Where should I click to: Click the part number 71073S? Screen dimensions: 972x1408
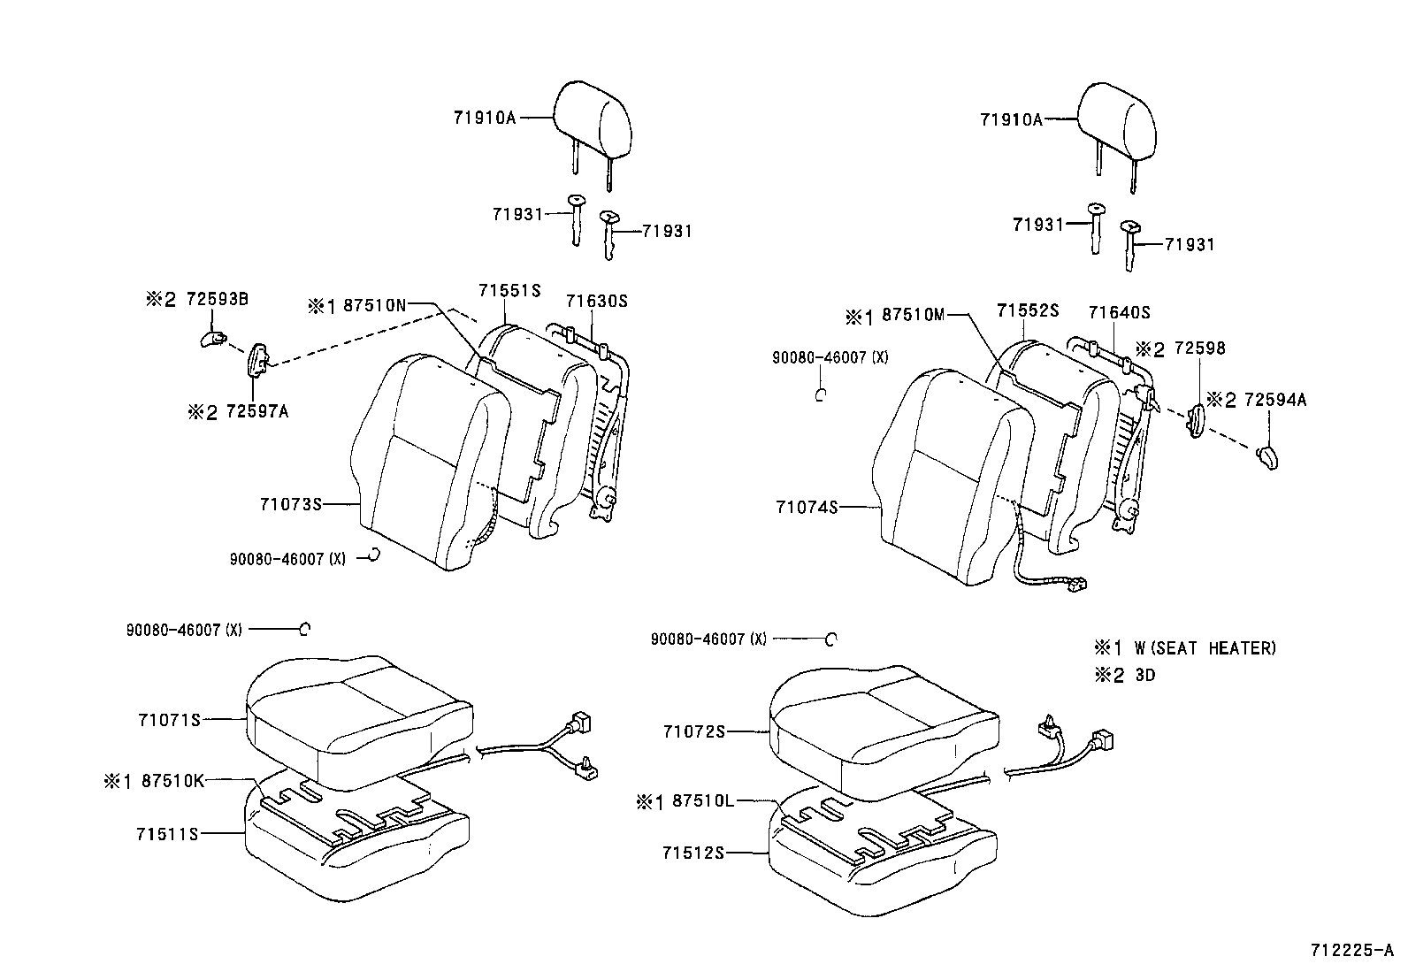pyautogui.click(x=290, y=504)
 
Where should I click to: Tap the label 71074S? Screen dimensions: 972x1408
pyautogui.click(x=806, y=507)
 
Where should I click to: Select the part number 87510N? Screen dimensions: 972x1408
pyautogui.click(x=374, y=305)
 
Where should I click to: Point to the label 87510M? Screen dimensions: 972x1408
pyautogui.click(x=914, y=316)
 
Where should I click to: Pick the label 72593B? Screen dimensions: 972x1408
pyautogui.click(x=217, y=299)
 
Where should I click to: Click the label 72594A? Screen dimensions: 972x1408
pyautogui.click(x=1274, y=400)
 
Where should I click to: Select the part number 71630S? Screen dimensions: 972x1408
pyautogui.click(x=596, y=301)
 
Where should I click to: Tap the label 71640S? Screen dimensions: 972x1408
pyautogui.click(x=1119, y=312)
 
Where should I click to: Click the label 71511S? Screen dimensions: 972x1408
pyautogui.click(x=168, y=833)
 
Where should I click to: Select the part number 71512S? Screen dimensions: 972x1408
pyautogui.click(x=693, y=853)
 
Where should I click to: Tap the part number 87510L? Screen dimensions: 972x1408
pyautogui.click(x=703, y=800)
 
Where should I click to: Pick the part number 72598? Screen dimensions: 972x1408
pyautogui.click(x=1199, y=348)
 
